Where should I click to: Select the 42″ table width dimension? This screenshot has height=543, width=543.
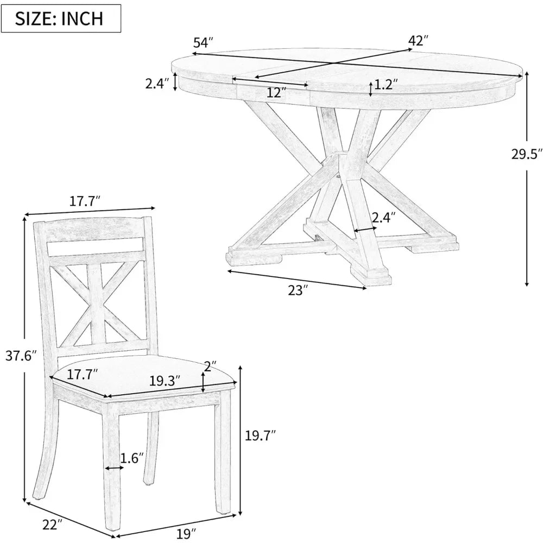(x=419, y=40)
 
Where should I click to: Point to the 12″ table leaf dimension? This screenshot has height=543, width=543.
(x=276, y=93)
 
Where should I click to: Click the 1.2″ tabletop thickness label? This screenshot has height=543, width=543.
(x=386, y=84)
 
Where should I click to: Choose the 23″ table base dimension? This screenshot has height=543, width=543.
(x=298, y=289)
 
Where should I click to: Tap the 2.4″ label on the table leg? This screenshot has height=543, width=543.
(x=383, y=217)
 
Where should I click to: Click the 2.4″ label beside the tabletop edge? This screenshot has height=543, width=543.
(x=157, y=84)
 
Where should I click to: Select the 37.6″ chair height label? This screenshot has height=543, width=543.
(x=21, y=356)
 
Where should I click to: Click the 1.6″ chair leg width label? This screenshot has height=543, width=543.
(x=132, y=457)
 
